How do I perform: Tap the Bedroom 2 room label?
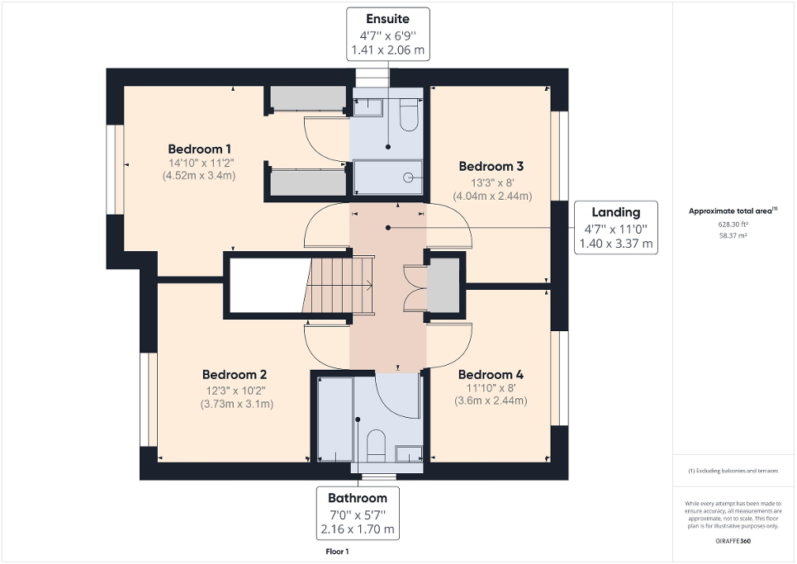(235, 374)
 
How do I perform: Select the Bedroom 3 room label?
(491, 165)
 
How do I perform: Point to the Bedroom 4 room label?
(491, 374)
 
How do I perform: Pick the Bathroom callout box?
(358, 513)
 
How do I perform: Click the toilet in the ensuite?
(408, 116)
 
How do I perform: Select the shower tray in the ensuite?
(388, 177)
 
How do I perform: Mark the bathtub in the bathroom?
(334, 419)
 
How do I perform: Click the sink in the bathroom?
(407, 453)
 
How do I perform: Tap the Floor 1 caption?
(337, 552)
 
